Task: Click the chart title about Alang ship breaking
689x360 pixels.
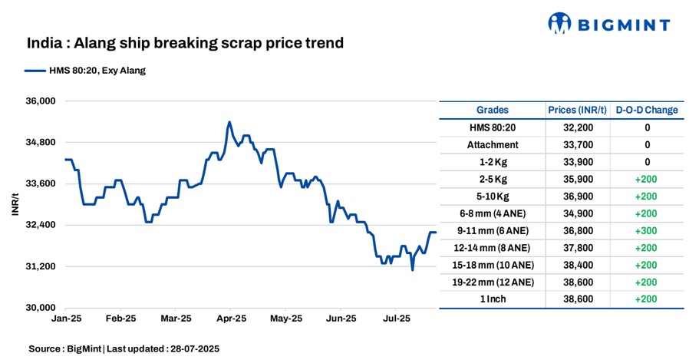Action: [x=185, y=43]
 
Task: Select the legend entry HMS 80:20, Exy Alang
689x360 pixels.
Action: [x=85, y=71]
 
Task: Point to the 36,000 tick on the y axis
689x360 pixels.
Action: [x=42, y=101]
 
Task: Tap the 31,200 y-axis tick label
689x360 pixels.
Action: [x=42, y=266]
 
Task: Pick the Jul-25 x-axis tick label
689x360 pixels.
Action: [x=396, y=318]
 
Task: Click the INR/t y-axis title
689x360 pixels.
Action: [x=16, y=203]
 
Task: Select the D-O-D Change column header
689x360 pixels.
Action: [x=647, y=110]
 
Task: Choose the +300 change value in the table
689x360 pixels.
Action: [x=647, y=230]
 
